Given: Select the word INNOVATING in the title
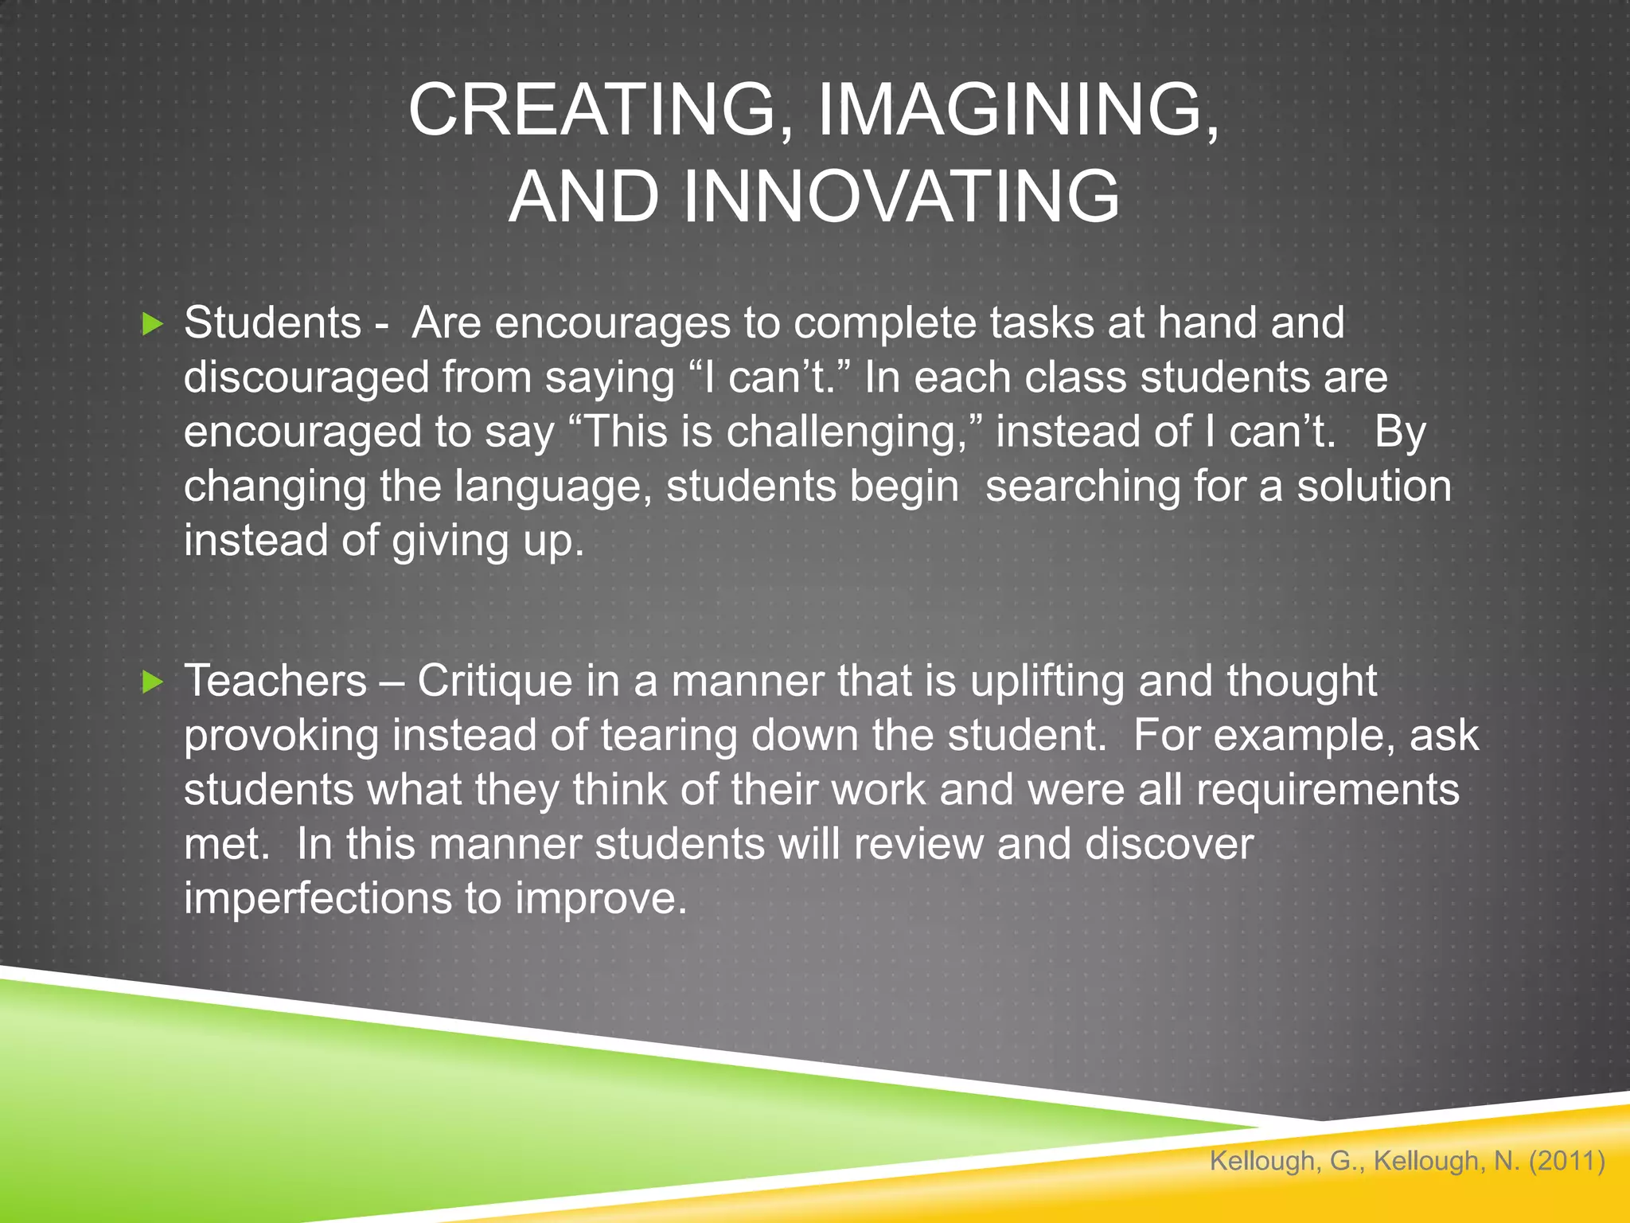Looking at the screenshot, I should (x=900, y=197).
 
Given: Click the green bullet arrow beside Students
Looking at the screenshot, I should (x=152, y=324).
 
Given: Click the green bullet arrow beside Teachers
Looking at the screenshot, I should (x=152, y=682).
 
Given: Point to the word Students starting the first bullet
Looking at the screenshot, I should (x=273, y=323).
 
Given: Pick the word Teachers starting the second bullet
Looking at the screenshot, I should (x=275, y=682).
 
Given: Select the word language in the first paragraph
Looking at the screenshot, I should (x=552, y=486).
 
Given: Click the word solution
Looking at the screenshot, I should (x=1374, y=486).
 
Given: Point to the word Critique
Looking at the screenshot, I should (x=494, y=682).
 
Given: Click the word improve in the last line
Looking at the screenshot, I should (x=600, y=899).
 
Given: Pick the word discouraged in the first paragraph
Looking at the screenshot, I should (x=306, y=377).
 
